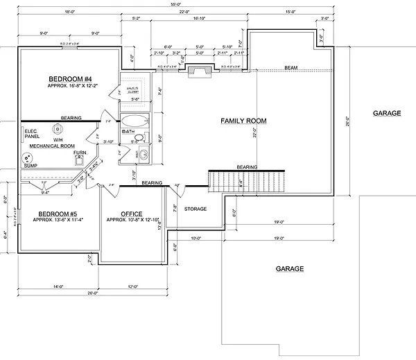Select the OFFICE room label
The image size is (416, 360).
132,213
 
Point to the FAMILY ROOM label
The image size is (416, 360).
243,121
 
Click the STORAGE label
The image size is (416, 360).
196,208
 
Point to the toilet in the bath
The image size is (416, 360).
141,154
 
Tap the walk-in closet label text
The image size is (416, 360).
133,90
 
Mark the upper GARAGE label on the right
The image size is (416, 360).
386,112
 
